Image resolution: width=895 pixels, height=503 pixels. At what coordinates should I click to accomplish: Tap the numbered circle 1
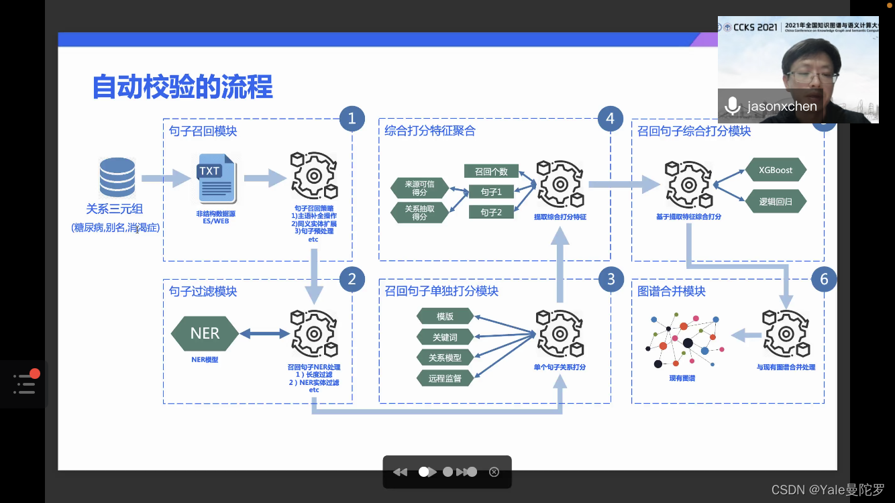tap(352, 119)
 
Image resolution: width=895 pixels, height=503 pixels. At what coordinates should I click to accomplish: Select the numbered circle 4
tap(610, 119)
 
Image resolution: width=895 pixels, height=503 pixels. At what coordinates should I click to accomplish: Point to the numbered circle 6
tap(825, 279)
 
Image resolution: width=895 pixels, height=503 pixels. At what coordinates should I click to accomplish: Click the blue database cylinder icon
tap(117, 178)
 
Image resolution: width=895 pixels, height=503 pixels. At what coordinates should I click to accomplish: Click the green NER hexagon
tap(205, 333)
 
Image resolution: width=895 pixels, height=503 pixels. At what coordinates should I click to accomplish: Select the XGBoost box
tap(776, 170)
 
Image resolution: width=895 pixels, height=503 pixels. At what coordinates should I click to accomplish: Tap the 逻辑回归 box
tap(776, 201)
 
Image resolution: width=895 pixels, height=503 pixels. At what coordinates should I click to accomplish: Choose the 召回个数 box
tap(491, 172)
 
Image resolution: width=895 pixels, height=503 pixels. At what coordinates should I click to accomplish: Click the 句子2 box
tap(491, 213)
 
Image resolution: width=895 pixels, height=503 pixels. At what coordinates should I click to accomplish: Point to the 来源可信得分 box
tap(419, 188)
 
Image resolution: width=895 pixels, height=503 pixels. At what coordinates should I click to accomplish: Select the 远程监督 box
tap(445, 378)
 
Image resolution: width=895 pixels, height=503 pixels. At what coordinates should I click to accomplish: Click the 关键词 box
tap(445, 337)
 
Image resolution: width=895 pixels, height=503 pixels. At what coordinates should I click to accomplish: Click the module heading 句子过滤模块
tap(203, 292)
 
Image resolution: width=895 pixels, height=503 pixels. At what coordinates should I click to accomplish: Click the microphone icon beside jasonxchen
tap(733, 106)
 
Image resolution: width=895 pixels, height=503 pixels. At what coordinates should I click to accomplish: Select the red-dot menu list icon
tap(25, 383)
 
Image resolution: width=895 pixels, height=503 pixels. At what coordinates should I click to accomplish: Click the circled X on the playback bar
tap(494, 472)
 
